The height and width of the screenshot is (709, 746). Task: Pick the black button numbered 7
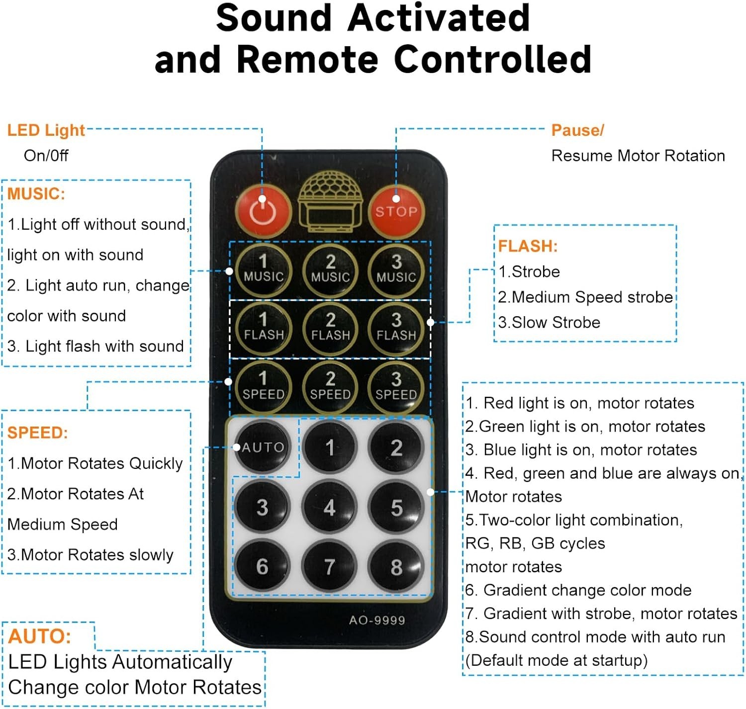(329, 567)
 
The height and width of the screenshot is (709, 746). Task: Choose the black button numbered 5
(396, 508)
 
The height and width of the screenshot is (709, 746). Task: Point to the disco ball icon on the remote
(329, 201)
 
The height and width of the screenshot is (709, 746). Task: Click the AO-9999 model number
(377, 620)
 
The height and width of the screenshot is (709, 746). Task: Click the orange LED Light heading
(46, 130)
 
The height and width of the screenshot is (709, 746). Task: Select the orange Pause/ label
(577, 130)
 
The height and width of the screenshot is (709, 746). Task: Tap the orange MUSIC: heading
(36, 193)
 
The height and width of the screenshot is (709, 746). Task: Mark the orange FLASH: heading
(528, 246)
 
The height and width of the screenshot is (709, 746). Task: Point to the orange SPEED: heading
(37, 433)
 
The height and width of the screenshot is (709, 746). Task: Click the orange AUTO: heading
(40, 636)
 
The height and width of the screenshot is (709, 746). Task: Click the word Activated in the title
(439, 18)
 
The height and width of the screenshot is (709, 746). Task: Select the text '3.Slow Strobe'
(549, 322)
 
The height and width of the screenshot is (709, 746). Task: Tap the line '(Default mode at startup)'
(557, 660)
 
